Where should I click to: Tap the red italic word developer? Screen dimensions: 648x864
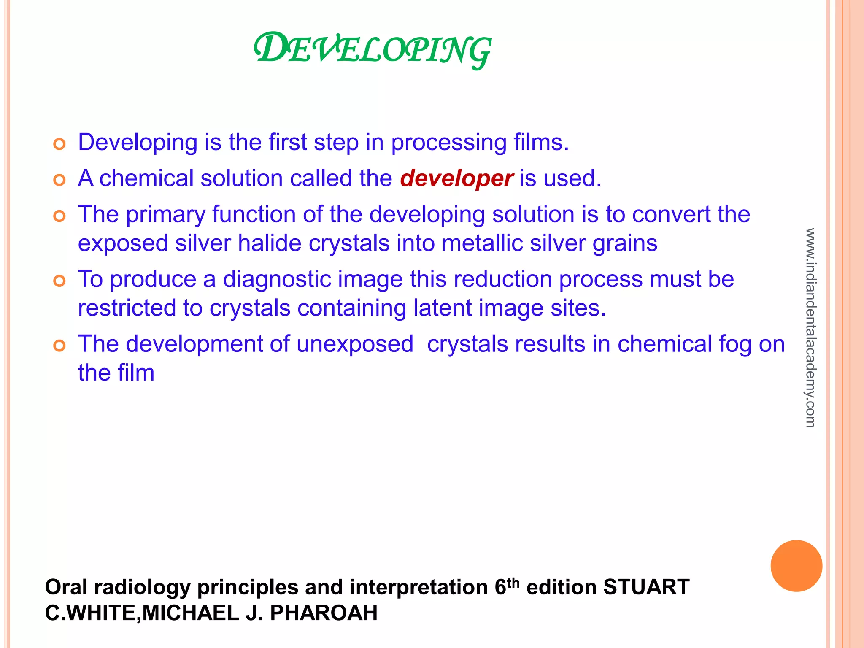click(x=456, y=178)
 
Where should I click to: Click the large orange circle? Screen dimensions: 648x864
click(x=796, y=566)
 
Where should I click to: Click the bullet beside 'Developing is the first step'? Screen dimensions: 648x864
click(x=59, y=144)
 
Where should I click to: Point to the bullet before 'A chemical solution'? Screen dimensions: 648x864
click(x=59, y=181)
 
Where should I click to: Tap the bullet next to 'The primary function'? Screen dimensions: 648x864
click(x=59, y=216)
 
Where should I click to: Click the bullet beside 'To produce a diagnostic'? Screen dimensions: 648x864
click(x=59, y=281)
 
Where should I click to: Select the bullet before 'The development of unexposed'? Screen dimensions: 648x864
click(x=59, y=346)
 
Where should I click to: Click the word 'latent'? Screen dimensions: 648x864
click(x=442, y=308)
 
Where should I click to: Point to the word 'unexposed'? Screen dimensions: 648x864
click(x=355, y=344)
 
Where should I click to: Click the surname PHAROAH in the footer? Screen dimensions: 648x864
click(x=324, y=613)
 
